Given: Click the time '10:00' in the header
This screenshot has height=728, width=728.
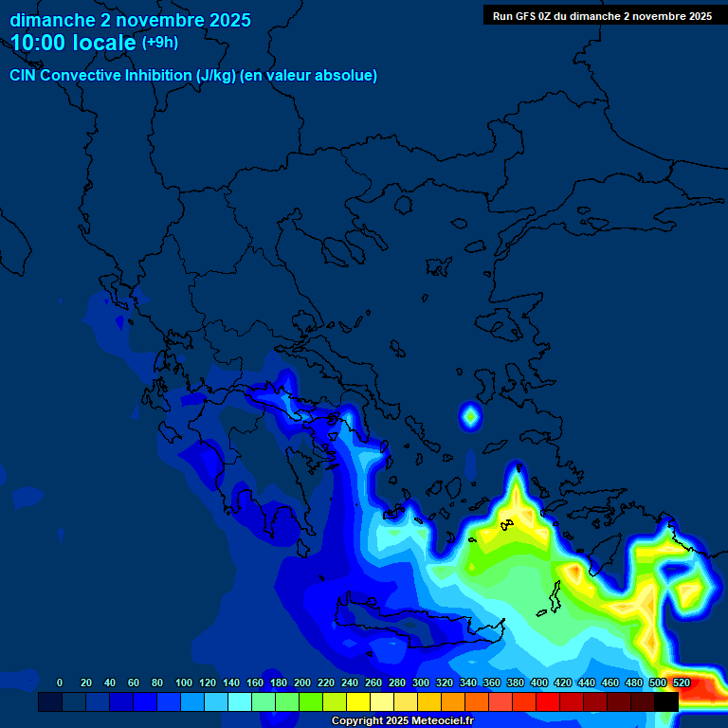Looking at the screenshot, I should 41,43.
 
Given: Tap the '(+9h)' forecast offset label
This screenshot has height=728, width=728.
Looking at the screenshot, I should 160,43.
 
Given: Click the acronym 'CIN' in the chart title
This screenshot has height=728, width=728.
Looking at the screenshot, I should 24,76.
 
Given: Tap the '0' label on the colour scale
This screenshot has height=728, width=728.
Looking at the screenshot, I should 60,682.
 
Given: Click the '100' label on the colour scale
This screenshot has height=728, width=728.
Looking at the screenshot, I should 184,682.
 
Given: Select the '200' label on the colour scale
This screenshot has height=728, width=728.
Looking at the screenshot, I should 302,682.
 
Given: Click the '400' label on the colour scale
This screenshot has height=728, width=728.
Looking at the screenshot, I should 538,682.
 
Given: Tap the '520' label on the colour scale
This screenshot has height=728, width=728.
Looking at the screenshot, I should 681,682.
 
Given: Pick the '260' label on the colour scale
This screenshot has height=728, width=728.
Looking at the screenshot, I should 373,682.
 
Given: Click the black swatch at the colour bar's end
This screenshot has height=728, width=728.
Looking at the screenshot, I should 666,702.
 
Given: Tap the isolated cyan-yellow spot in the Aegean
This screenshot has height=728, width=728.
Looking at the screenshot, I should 470,415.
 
